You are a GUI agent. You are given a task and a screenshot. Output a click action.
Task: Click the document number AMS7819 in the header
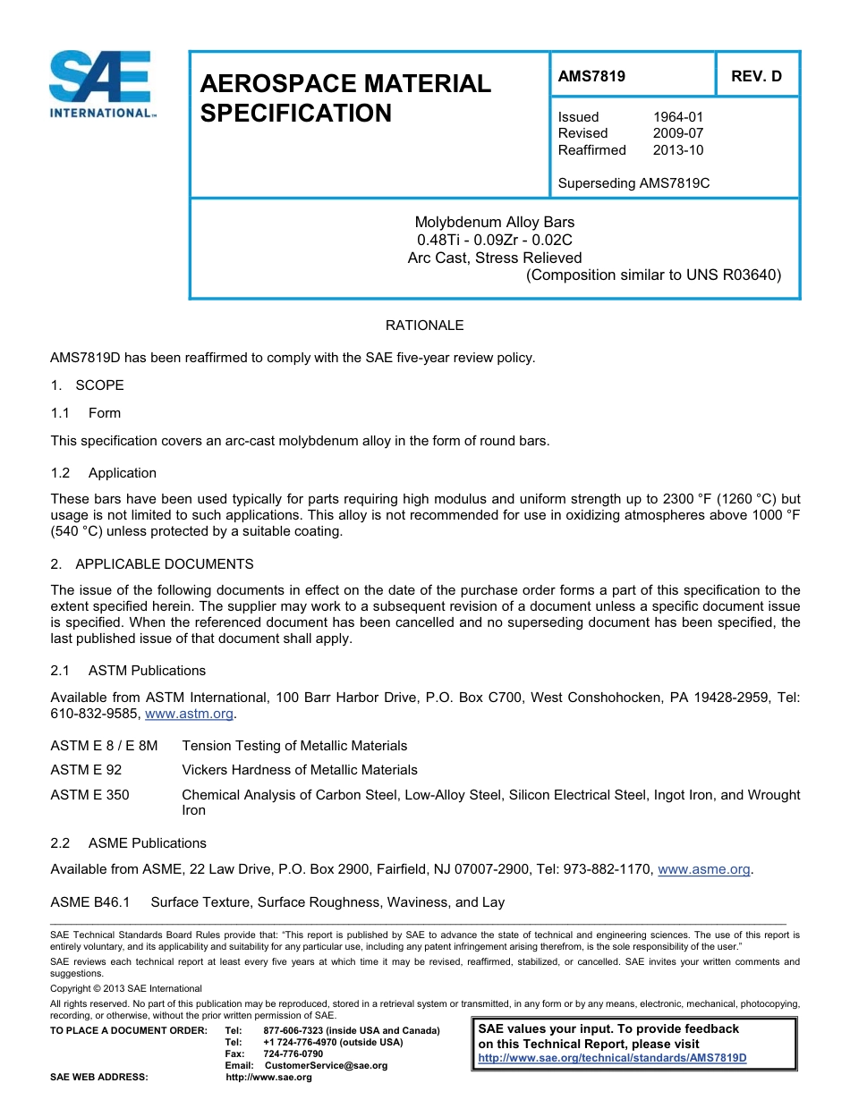coord(591,76)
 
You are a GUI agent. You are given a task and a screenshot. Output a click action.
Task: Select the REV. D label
coord(756,76)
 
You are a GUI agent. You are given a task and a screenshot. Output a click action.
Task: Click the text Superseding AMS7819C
coord(633,183)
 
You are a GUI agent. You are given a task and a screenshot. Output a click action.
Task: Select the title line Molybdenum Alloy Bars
coord(494,222)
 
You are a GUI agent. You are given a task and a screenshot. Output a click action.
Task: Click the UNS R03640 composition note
coord(653,275)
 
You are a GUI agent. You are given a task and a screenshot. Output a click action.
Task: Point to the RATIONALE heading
coord(424,326)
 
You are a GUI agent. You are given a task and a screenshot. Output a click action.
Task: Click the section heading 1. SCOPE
coord(87,385)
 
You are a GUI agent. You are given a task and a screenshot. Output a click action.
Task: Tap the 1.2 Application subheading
coord(104,473)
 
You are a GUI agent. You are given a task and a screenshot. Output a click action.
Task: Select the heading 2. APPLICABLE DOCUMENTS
coord(152,564)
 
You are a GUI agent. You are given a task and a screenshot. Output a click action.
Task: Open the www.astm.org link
coord(190,714)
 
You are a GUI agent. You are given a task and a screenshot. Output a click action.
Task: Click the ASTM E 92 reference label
coord(86,770)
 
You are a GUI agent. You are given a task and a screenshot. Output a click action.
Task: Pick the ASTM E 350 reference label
coord(89,794)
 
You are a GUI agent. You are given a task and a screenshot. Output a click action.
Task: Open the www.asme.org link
coord(703,868)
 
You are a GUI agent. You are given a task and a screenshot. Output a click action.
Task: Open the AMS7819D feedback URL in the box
coord(612,1058)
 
